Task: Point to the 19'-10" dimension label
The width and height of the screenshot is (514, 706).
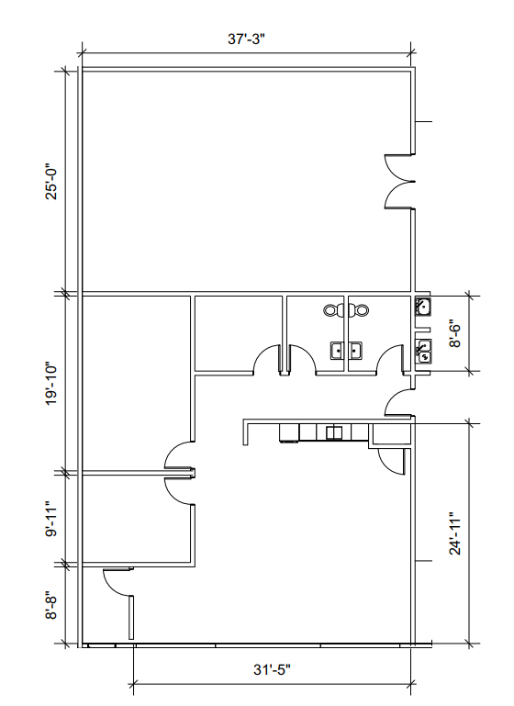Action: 52,383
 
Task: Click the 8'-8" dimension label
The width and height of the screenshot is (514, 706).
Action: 52,605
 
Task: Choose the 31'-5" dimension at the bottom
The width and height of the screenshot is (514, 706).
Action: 272,671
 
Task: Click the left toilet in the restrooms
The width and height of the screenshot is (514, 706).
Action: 333,310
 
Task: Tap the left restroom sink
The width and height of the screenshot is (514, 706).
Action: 337,350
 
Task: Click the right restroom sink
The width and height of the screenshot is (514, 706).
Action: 356,350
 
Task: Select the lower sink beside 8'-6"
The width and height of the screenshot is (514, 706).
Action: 423,350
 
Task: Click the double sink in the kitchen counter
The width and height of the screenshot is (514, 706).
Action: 335,431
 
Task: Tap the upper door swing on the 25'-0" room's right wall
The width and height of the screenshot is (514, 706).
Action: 395,166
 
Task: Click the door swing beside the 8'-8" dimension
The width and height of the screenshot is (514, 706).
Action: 117,579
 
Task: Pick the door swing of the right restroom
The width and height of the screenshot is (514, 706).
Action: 391,358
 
